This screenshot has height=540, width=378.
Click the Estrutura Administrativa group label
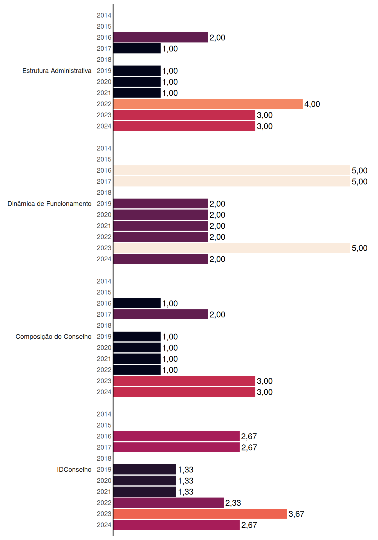[57, 71]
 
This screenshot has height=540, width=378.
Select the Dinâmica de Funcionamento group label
[49, 204]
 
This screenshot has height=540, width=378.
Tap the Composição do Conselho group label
[53, 337]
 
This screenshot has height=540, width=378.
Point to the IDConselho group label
[74, 469]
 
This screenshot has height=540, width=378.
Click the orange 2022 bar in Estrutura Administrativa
[208, 104]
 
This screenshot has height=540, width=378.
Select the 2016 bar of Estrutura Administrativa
[161, 37]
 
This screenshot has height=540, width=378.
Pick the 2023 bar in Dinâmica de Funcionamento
[232, 248]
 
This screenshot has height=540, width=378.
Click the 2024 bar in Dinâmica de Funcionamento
[161, 259]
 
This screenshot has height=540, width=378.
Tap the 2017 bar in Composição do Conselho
[161, 314]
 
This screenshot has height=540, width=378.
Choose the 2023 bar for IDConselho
[200, 514]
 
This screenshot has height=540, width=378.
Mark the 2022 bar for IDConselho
[168, 503]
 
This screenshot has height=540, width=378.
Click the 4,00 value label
[312, 104]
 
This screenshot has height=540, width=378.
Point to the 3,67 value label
[296, 514]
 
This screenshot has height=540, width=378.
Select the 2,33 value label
[233, 503]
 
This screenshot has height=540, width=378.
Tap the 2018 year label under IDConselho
[104, 458]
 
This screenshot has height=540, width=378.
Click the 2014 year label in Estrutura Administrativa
[104, 15]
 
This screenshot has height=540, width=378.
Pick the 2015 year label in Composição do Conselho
[104, 292]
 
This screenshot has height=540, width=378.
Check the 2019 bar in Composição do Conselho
[137, 336]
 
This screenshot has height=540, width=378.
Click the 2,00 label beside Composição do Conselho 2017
[217, 314]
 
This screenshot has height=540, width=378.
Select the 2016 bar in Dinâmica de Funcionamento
[232, 170]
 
